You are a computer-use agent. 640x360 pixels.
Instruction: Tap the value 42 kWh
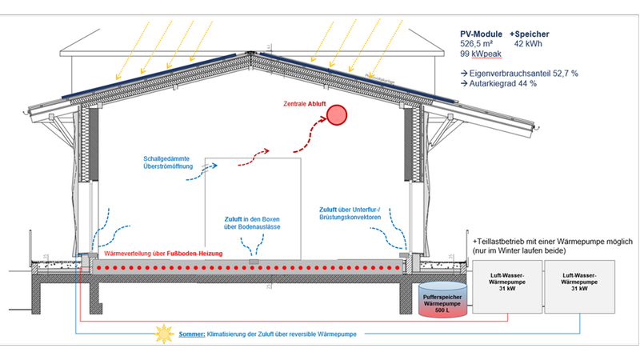pyautogui.click(x=529, y=45)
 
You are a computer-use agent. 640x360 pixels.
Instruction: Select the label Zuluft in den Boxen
pyautogui.click(x=252, y=222)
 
